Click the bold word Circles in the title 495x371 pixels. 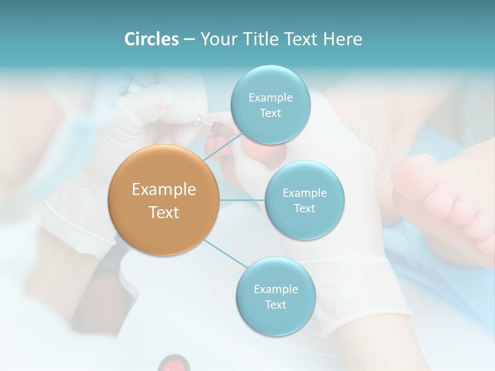[x=152, y=39]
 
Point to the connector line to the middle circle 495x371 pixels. [x=242, y=200]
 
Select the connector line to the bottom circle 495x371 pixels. [x=225, y=255]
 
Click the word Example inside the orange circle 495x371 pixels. [x=164, y=189]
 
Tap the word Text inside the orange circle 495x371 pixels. [x=164, y=212]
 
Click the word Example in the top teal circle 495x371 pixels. [x=270, y=97]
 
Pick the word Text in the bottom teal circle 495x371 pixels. [x=275, y=305]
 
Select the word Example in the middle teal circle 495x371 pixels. [x=304, y=193]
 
